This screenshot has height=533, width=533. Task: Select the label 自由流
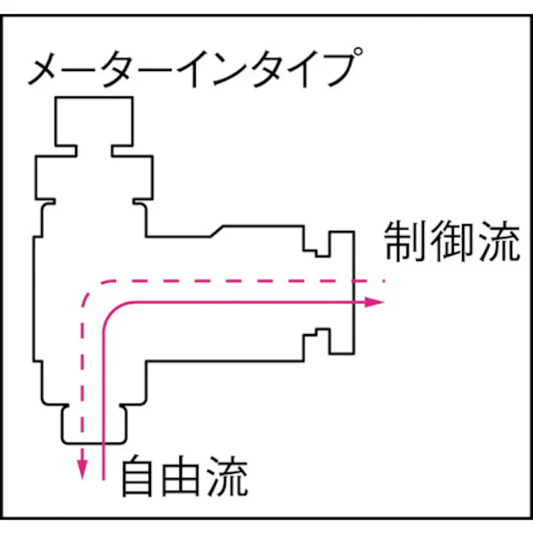(185, 476)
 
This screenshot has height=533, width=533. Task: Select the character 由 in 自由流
(184, 476)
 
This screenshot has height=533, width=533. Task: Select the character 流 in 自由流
(228, 476)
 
